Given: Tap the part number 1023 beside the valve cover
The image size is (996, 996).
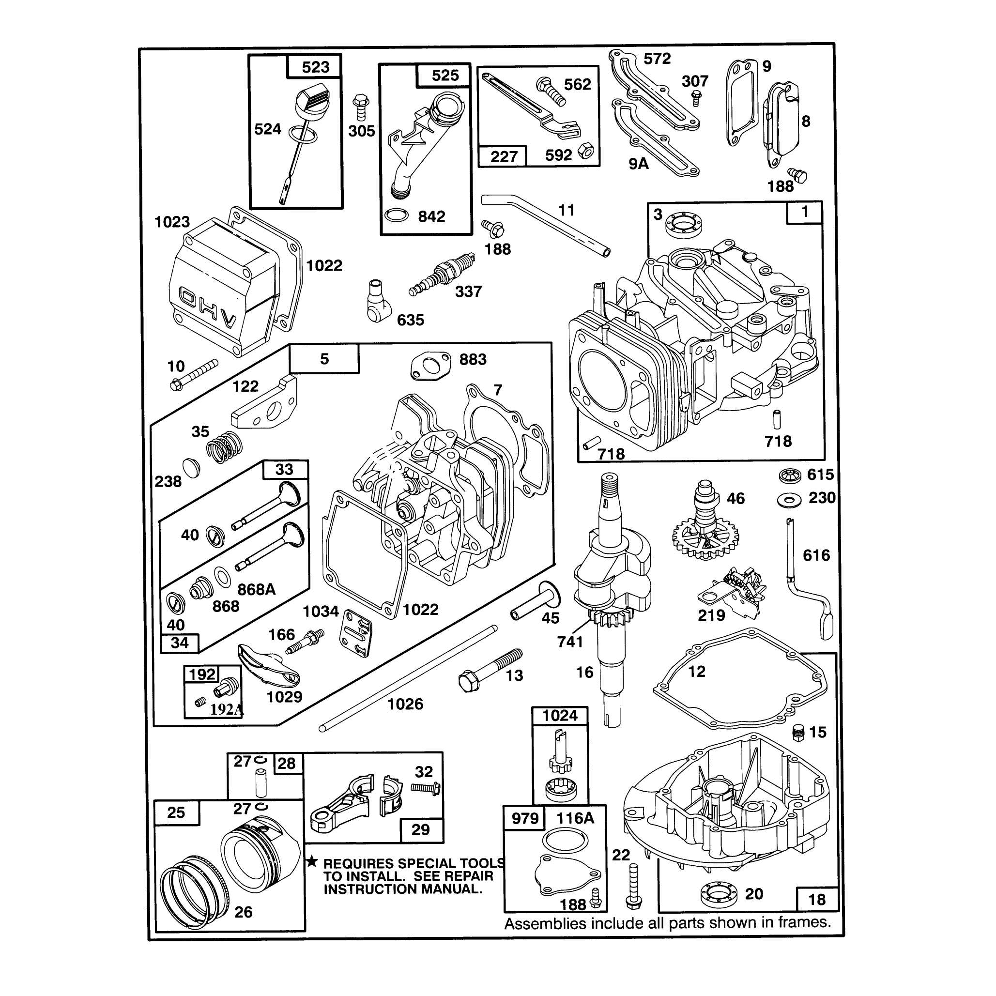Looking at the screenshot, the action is [x=172, y=222].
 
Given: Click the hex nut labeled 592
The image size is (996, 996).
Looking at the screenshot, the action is [x=585, y=151].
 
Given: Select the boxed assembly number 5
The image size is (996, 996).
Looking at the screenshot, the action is [x=324, y=359].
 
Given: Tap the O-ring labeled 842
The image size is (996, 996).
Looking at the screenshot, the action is [x=397, y=215].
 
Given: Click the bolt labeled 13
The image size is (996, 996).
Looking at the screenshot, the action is [x=490, y=670].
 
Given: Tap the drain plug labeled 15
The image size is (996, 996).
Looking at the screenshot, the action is [x=798, y=732].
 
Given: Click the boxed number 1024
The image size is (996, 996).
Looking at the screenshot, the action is [x=560, y=716].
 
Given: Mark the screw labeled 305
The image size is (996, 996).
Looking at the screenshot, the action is [x=360, y=107].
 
